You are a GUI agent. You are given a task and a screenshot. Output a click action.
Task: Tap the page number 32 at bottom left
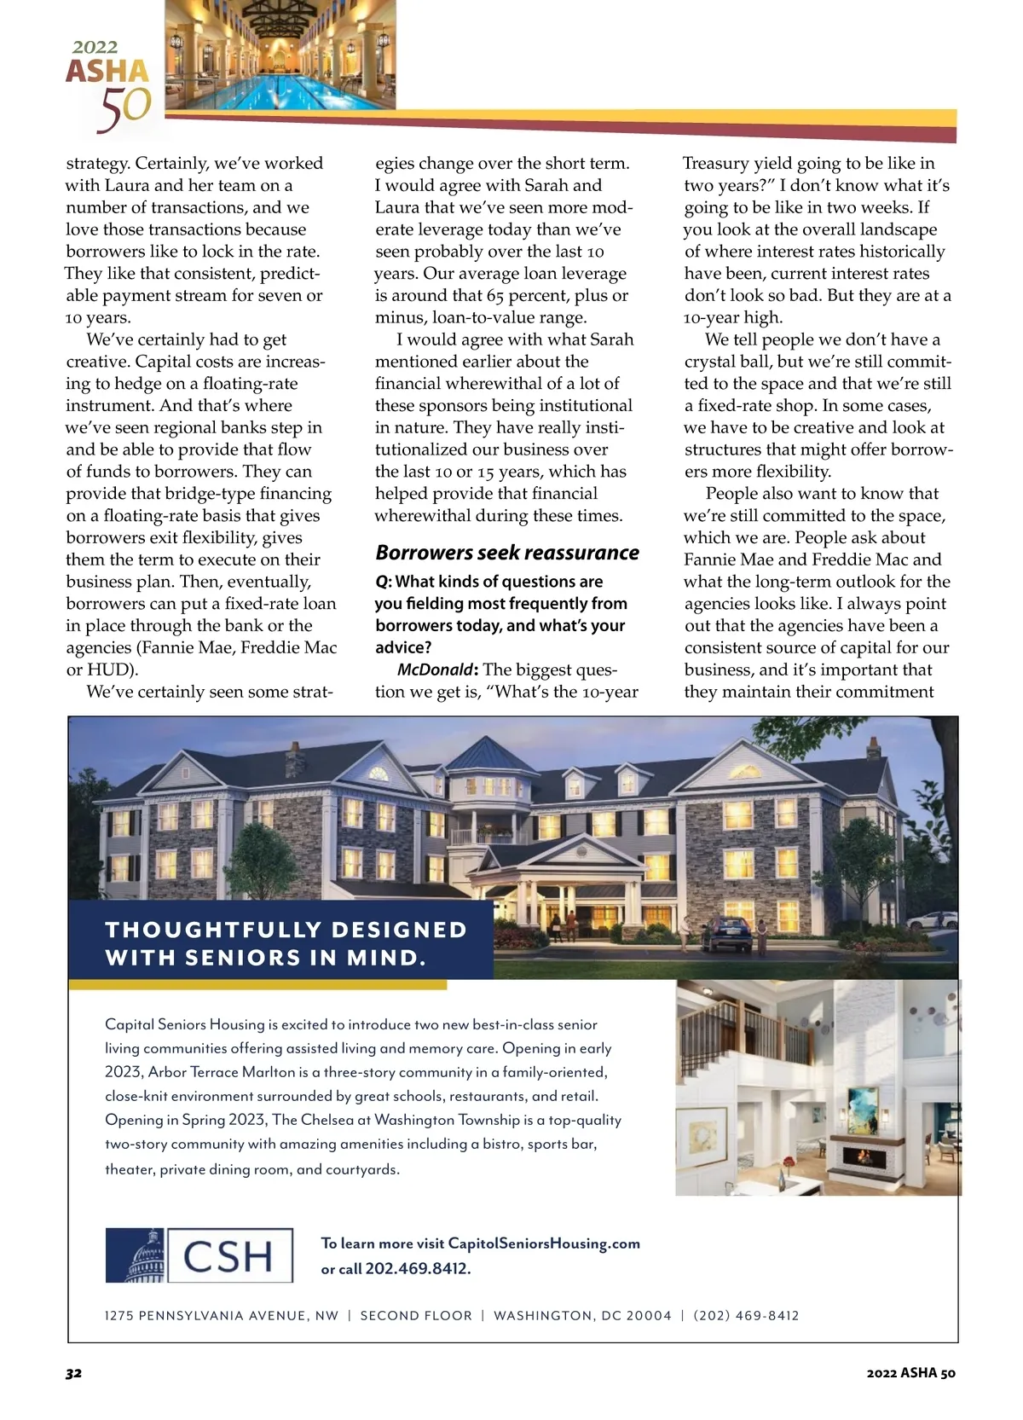[x=73, y=1373]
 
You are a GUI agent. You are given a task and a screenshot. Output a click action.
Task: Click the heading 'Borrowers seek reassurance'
[x=507, y=553]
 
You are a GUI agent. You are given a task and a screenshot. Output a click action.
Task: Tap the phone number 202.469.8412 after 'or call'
[x=418, y=1268]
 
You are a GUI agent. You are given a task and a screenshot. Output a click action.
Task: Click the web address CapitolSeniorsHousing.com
[x=544, y=1243]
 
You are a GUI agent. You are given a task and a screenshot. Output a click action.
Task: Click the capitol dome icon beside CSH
[x=136, y=1255]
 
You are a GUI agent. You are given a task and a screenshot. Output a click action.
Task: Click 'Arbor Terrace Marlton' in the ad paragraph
[x=209, y=1072]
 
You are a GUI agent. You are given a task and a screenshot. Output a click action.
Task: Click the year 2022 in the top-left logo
[x=95, y=47]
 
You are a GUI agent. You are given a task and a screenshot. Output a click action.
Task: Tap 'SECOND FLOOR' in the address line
[x=416, y=1316]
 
